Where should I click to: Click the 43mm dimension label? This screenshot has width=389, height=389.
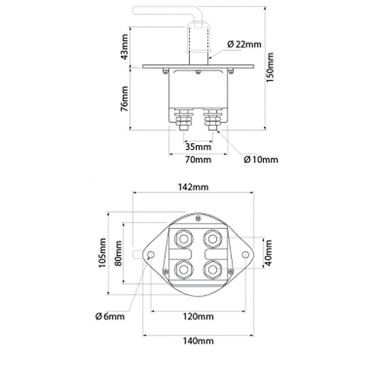pyautogui.click(x=126, y=46)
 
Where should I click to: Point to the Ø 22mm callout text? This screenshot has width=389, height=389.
pyautogui.click(x=244, y=44)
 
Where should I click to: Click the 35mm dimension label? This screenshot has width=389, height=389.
pyautogui.click(x=198, y=146)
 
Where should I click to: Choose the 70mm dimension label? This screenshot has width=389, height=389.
pyautogui.click(x=198, y=159)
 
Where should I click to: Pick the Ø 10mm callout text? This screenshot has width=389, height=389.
pyautogui.click(x=261, y=159)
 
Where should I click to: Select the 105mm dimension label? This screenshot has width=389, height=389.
pyautogui.click(x=102, y=253)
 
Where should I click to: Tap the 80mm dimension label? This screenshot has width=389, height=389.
pyautogui.click(x=117, y=253)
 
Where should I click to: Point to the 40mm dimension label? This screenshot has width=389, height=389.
pyautogui.click(x=269, y=253)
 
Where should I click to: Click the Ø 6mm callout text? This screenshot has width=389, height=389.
pyautogui.click(x=110, y=317)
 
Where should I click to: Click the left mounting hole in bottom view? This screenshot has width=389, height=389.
pyautogui.click(x=151, y=255)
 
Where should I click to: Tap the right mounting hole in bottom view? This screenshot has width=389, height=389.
pyautogui.click(x=246, y=255)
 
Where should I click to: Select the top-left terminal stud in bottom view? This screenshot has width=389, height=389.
pyautogui.click(x=184, y=238)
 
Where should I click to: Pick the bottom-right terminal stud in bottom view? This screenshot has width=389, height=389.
pyautogui.click(x=212, y=268)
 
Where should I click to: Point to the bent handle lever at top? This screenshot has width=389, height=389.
pyautogui.click(x=160, y=10)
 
